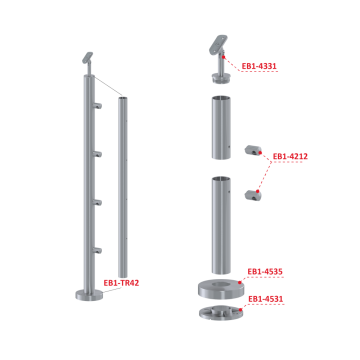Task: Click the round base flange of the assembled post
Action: [82, 298]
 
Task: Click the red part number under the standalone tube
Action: [122, 283]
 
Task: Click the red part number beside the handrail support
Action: [260, 66]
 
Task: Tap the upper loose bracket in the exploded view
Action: [252, 151]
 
